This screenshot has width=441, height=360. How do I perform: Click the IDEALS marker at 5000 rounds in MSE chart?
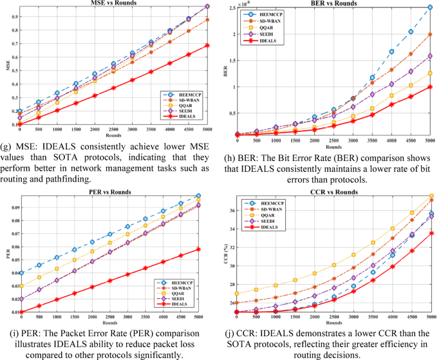coord(207,46)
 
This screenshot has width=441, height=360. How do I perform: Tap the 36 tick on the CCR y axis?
coord(230,211)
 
